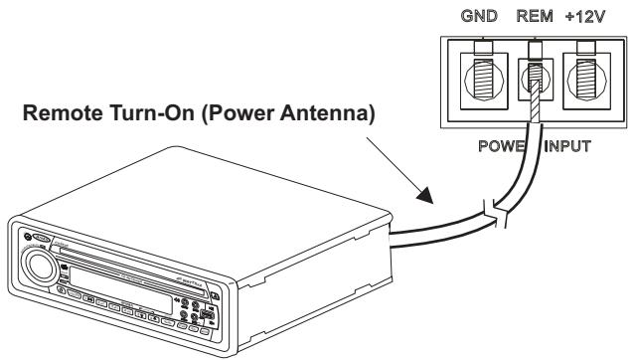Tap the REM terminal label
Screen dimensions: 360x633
tap(535, 17)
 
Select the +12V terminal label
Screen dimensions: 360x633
tap(586, 17)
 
